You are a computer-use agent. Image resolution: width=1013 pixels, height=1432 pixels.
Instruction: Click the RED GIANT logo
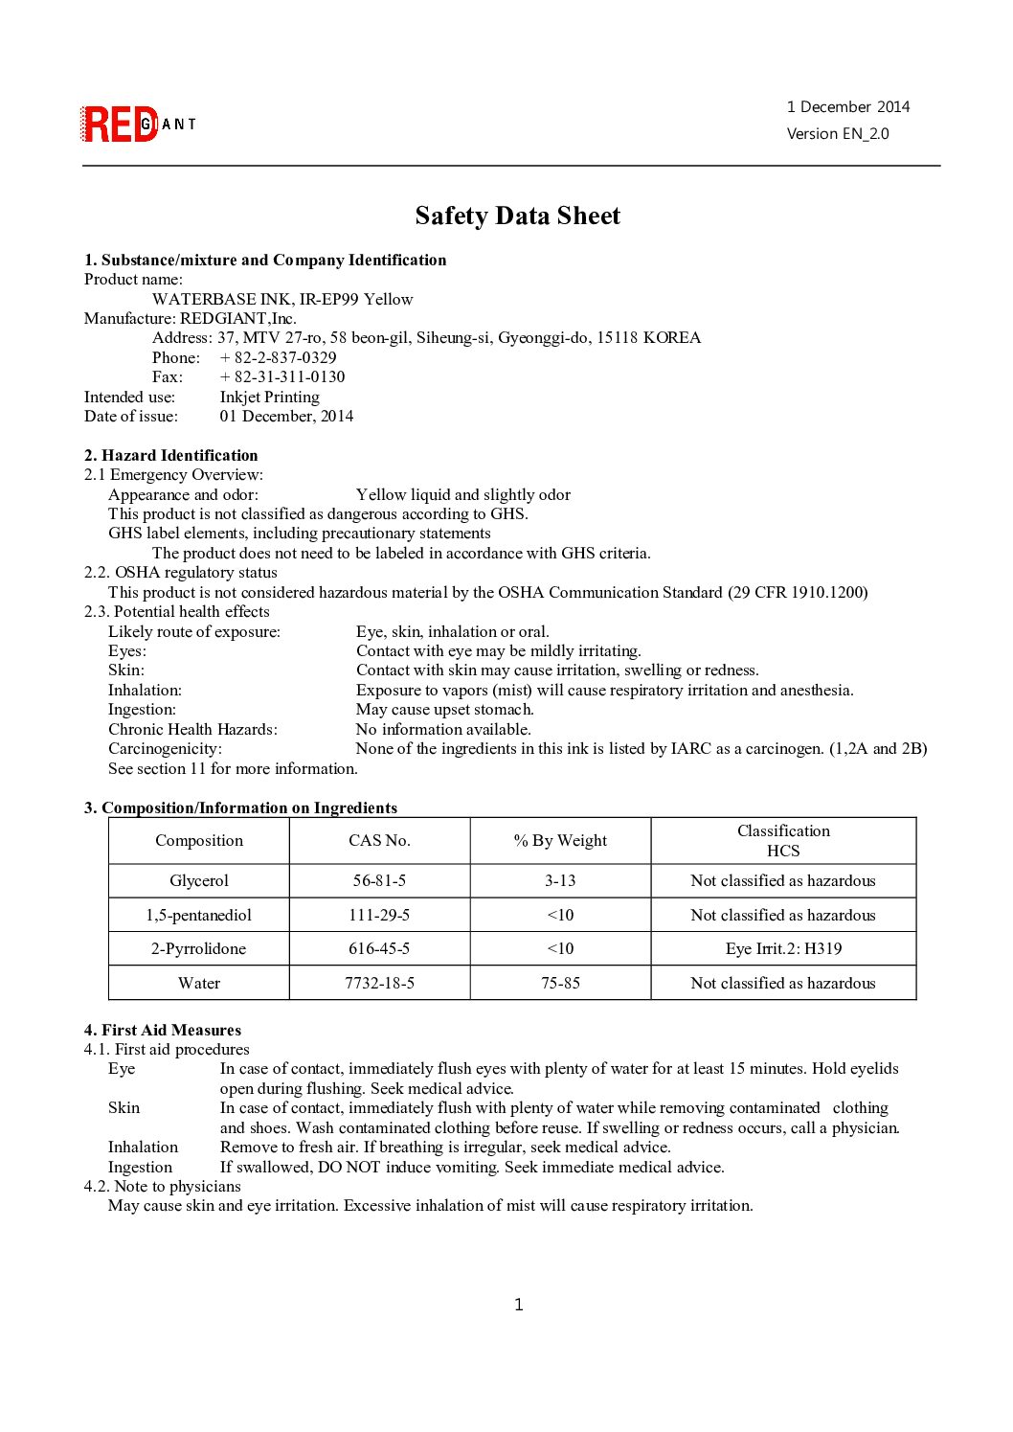138,125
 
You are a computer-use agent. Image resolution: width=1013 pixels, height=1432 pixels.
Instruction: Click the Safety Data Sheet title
517,216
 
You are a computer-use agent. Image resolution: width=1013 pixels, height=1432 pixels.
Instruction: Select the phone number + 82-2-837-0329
278,357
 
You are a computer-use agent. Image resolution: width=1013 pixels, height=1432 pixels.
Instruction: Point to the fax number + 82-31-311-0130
282,376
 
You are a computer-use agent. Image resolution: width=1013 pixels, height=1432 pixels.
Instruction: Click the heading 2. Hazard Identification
171,455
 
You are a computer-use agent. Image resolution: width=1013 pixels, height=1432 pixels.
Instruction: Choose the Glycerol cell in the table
199,880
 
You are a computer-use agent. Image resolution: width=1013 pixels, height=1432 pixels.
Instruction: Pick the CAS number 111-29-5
379,915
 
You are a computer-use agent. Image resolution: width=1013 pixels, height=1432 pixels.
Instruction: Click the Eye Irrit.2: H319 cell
783,948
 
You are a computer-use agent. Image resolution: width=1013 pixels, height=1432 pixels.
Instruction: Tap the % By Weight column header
560,840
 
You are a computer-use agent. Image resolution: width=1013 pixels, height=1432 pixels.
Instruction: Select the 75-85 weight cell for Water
560,983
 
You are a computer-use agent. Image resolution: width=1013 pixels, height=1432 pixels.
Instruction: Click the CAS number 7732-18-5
379,983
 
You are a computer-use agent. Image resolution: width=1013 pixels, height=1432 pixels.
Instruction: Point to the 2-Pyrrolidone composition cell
198,948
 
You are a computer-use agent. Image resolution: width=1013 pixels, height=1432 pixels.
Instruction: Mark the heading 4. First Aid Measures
163,1030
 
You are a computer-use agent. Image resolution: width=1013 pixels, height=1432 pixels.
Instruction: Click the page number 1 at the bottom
519,1305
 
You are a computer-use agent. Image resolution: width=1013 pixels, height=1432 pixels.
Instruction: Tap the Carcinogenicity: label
165,748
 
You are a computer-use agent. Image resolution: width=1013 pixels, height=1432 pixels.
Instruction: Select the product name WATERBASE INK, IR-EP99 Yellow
282,299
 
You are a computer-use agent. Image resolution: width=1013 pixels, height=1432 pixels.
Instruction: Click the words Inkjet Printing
270,397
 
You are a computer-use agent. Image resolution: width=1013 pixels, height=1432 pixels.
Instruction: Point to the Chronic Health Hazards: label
192,729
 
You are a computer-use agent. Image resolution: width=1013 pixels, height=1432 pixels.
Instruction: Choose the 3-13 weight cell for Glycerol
560,880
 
